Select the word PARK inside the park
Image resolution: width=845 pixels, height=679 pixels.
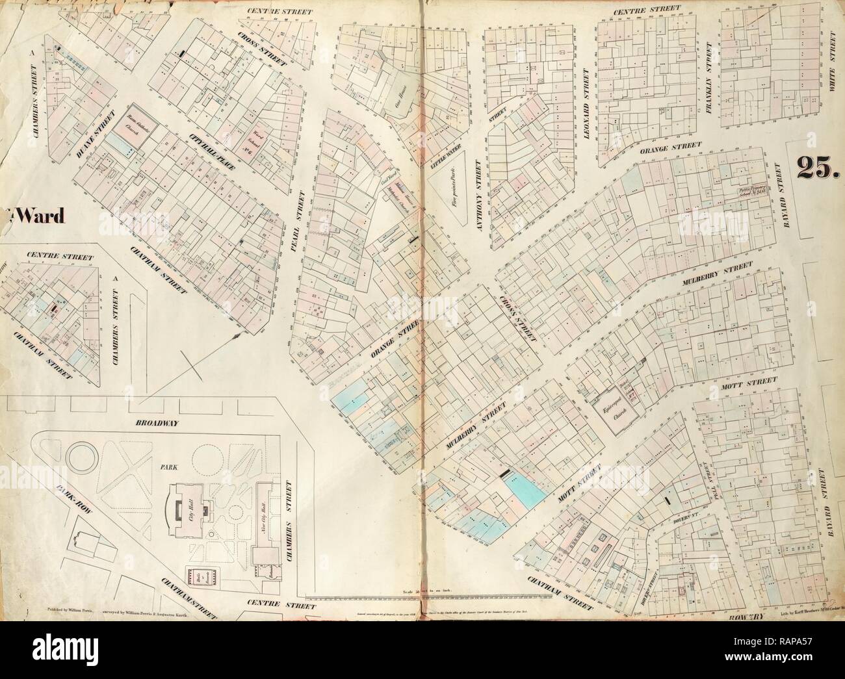point(153,466)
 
